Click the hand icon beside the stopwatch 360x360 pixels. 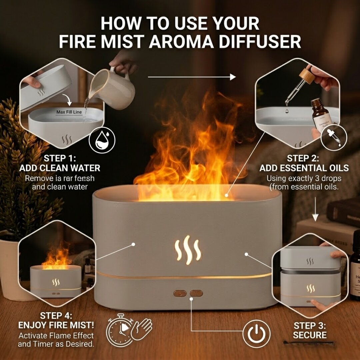[141, 328]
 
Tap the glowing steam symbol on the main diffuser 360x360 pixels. [188, 250]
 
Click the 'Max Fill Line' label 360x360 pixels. [69, 112]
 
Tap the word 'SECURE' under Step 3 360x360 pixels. [310, 335]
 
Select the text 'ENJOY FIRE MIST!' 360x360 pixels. [56, 325]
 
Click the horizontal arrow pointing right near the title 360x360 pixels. [192, 77]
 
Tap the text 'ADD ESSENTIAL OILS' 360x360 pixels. [304, 168]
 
